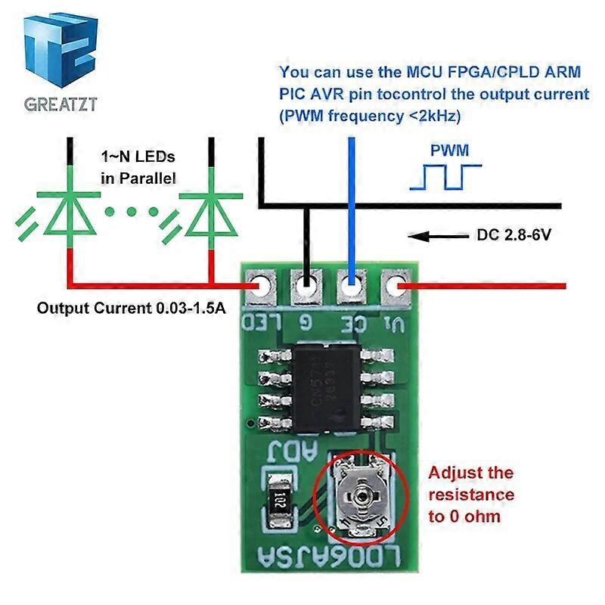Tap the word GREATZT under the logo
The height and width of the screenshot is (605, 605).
(60, 104)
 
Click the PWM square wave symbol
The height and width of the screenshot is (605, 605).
(445, 176)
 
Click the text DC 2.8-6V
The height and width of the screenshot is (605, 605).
(513, 235)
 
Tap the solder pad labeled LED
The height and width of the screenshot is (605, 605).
(259, 287)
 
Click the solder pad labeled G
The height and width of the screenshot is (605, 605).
(306, 287)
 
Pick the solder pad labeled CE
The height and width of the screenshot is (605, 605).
(351, 287)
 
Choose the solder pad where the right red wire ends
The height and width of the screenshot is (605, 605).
(396, 287)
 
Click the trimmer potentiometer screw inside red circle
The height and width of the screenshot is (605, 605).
(360, 495)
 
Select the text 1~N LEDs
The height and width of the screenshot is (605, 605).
(138, 157)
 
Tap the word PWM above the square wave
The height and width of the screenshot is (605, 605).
(449, 150)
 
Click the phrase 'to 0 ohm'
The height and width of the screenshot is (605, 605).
(464, 517)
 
